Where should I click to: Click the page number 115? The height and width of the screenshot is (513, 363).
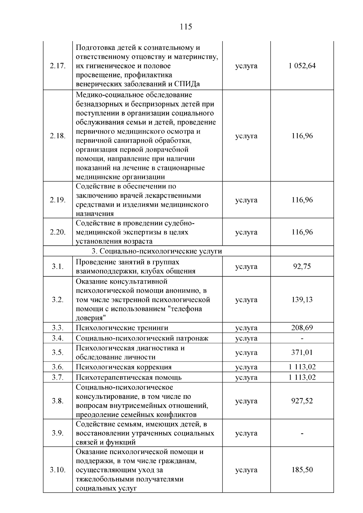coord(186,27)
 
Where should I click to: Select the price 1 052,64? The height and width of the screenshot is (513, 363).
coord(302,66)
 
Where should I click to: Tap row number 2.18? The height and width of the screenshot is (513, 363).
coord(57,136)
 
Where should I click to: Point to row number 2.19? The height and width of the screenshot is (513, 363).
coord(57,200)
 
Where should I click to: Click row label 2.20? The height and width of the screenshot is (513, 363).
coord(57,232)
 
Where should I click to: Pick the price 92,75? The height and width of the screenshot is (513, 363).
coord(302,267)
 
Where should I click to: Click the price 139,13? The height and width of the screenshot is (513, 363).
coord(302,300)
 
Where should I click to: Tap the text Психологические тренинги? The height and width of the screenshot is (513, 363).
coord(122,328)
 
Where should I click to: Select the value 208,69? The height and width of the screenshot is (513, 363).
coord(302,328)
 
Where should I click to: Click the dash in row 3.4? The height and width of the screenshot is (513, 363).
coord(302,339)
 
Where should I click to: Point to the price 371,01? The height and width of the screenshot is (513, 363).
coord(302,352)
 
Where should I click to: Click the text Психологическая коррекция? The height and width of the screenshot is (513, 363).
coord(123,367)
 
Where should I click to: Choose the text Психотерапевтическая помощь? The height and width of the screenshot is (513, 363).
coord(129,378)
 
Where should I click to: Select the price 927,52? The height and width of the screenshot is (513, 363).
coord(302,401)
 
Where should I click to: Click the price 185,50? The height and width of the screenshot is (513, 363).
coord(302,470)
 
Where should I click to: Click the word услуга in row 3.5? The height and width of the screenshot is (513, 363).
coord(246,353)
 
